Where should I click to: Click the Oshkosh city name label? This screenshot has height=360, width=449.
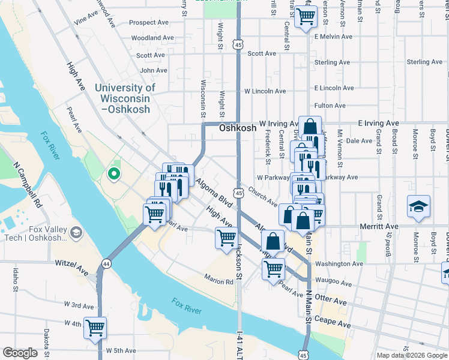click(x=238, y=128)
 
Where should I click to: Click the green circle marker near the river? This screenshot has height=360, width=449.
click(x=113, y=175)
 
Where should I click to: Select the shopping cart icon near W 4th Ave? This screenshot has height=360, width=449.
click(x=95, y=328)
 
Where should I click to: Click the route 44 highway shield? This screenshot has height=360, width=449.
click(x=106, y=263)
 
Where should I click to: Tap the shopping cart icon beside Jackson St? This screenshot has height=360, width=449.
click(x=226, y=238)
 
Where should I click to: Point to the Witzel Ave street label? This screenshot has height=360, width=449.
click(x=71, y=268)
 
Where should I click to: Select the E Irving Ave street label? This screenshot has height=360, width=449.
click(x=378, y=123)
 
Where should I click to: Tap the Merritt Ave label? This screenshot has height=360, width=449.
click(x=384, y=226)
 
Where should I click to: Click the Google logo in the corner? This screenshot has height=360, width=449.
click(x=20, y=353)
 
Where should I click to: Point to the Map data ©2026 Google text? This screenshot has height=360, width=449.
click(x=412, y=355)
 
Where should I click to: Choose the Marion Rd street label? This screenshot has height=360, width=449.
click(x=218, y=280)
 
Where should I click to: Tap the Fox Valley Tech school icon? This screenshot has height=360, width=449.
click(x=76, y=232)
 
